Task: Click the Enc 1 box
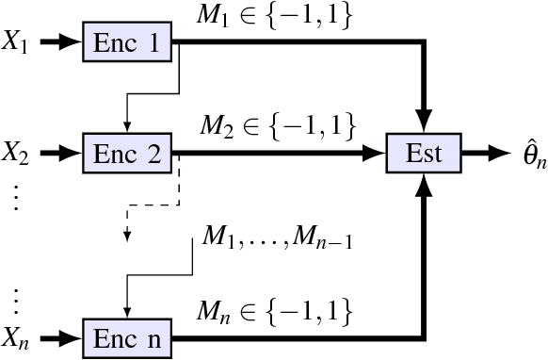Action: [x=129, y=42]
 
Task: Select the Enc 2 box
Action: [x=129, y=151]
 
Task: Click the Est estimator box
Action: [x=424, y=151]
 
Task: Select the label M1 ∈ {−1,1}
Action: [x=274, y=16]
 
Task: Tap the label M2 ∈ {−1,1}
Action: [x=274, y=124]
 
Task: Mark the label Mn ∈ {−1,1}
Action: [x=274, y=310]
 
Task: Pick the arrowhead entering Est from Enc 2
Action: [x=377, y=151]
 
